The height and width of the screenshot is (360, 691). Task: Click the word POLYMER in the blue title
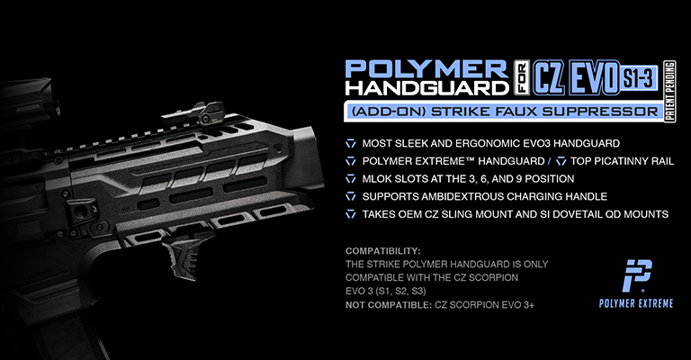[x=426, y=69]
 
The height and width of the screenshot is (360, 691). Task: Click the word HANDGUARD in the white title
[x=426, y=87]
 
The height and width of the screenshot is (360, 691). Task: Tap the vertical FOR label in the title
[x=522, y=78]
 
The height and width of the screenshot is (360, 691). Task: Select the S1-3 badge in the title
[x=639, y=78]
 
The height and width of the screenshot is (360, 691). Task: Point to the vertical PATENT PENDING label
[x=669, y=91]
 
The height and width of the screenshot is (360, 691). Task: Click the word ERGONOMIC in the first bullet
[x=477, y=143]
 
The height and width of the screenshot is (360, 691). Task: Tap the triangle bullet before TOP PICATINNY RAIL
[x=561, y=161]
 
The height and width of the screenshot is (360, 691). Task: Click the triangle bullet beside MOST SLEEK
[x=351, y=144]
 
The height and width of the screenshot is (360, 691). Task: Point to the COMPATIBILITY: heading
[x=383, y=251]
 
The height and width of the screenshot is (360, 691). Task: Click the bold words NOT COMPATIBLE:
[x=389, y=304]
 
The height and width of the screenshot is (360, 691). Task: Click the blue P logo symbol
[x=637, y=275]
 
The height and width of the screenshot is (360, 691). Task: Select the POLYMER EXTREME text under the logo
[x=636, y=303]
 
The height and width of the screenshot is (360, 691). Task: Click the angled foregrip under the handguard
[x=184, y=256]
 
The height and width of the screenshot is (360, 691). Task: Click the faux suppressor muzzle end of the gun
[x=303, y=157]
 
